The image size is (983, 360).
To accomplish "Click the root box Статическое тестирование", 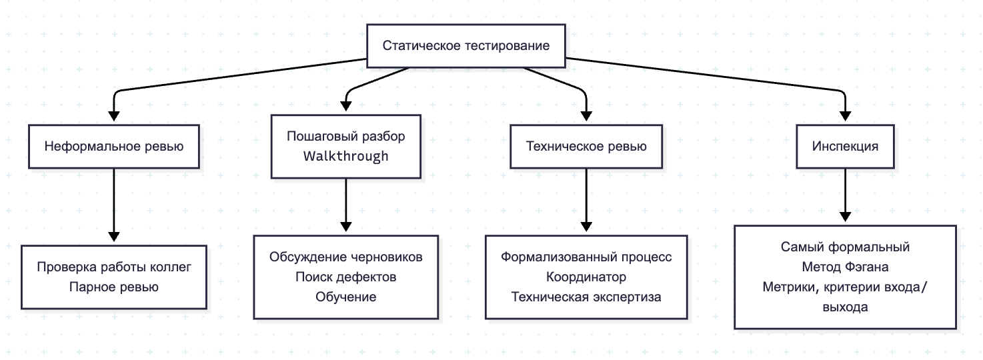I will (x=465, y=46).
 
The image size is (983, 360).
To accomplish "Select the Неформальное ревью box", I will (x=114, y=146).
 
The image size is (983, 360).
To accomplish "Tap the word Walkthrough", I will (x=345, y=157).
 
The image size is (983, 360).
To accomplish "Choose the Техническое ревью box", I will (x=586, y=146).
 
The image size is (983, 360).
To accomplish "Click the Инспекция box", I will (x=846, y=146).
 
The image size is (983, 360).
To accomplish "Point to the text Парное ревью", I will (x=113, y=287).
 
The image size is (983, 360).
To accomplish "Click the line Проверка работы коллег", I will (x=113, y=267).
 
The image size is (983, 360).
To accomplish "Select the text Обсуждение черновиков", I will (x=345, y=257).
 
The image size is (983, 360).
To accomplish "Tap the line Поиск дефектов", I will (x=345, y=277).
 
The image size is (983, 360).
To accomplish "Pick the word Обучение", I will (x=345, y=297).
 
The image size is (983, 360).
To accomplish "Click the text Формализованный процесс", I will (x=586, y=257).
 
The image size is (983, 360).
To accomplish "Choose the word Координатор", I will (x=586, y=277).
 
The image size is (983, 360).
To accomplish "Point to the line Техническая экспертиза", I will (x=586, y=297).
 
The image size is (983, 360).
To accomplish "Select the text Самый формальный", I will (x=846, y=247).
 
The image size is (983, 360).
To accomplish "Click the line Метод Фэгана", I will (x=846, y=267).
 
